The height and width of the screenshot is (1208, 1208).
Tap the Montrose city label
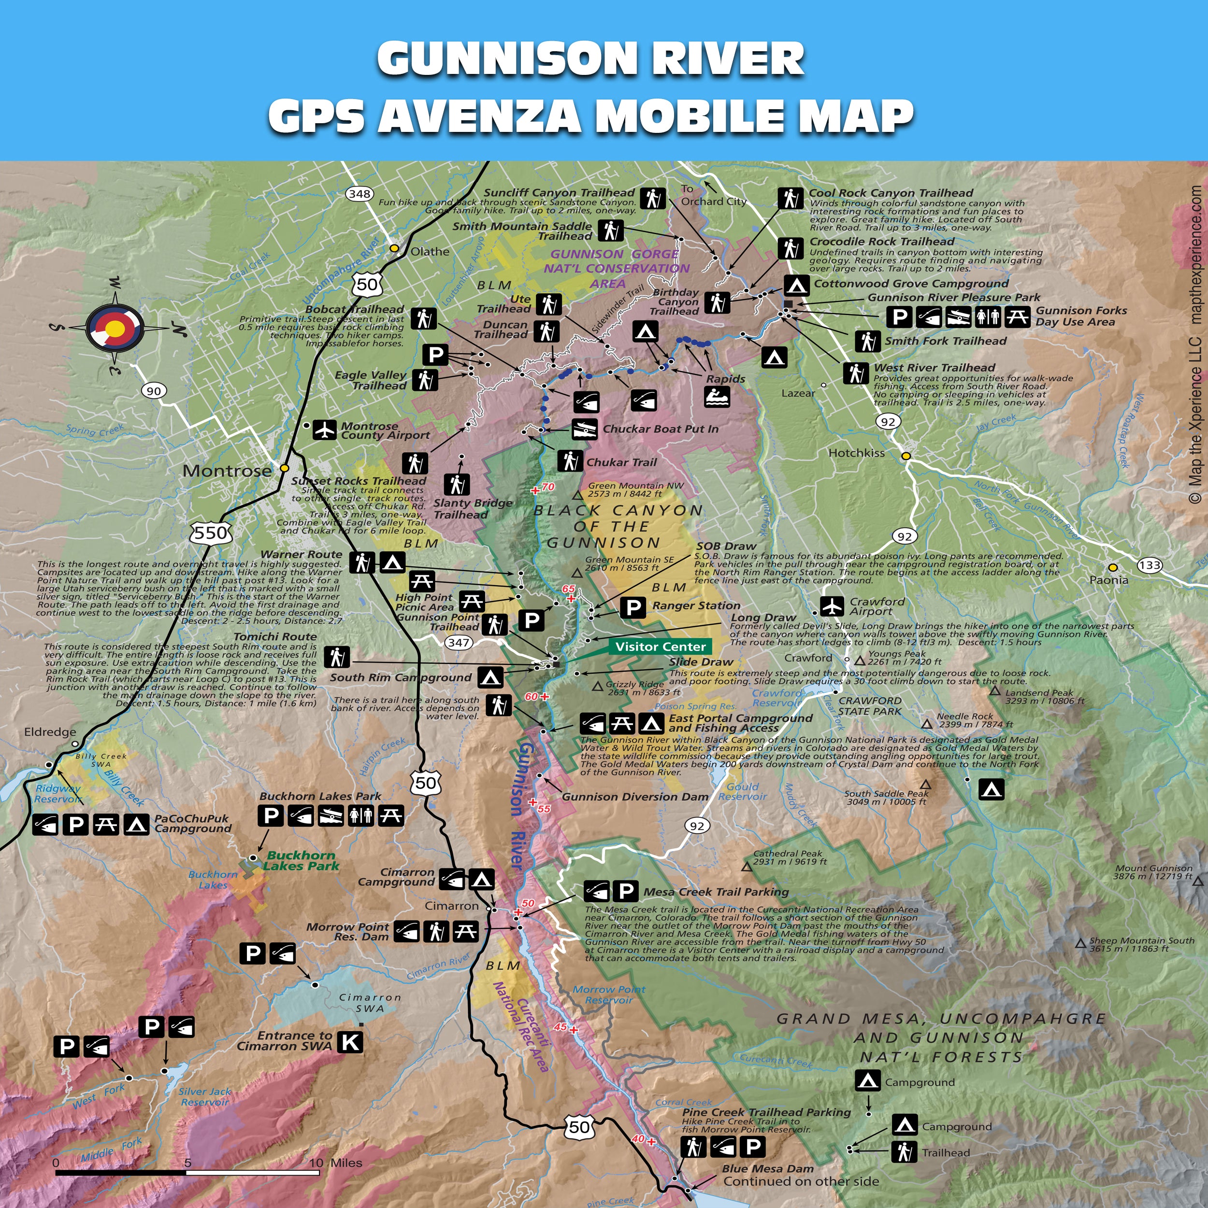pos(227,471)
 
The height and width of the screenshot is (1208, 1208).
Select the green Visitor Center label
pos(660,647)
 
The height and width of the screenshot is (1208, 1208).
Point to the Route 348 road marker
pos(360,194)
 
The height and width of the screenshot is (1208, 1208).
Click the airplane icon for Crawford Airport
pos(832,606)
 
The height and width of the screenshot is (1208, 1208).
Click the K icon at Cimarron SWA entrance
pos(350,1042)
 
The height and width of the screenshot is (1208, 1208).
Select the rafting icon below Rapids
pos(717,398)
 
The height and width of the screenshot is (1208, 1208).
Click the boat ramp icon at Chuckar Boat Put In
pos(585,430)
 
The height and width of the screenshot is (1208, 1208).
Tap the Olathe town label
pos(430,251)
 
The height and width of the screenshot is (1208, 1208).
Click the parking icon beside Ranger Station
pos(633,606)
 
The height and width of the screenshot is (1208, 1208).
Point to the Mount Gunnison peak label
pos(1153,872)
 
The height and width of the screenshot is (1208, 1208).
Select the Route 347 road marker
pos(458,642)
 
